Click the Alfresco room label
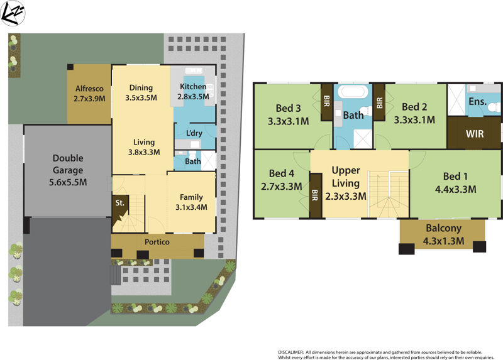tap(89, 94)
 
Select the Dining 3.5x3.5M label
tap(141, 93)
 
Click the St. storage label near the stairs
tap(119, 203)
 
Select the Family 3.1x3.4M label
tap(191, 202)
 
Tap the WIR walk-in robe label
tap(475, 134)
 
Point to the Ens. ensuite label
tap(477, 101)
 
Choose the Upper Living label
tap(346, 183)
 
